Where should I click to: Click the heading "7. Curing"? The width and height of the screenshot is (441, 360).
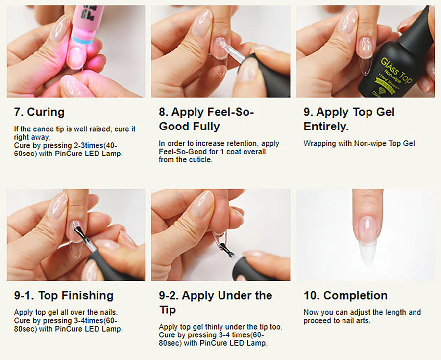tap(39, 112)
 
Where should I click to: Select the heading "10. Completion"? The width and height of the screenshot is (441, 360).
tap(345, 295)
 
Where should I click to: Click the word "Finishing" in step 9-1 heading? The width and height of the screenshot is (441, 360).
tap(87, 296)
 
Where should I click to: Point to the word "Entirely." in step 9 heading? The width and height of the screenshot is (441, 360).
tap(326, 127)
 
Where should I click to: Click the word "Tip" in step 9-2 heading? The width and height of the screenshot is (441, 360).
tap(168, 310)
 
